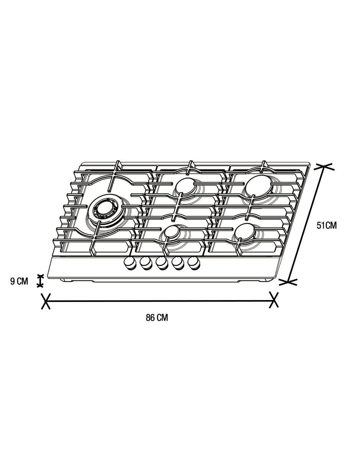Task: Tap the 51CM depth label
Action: coord(327,226)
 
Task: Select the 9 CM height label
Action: coord(19,281)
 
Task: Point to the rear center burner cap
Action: coord(186,185)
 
